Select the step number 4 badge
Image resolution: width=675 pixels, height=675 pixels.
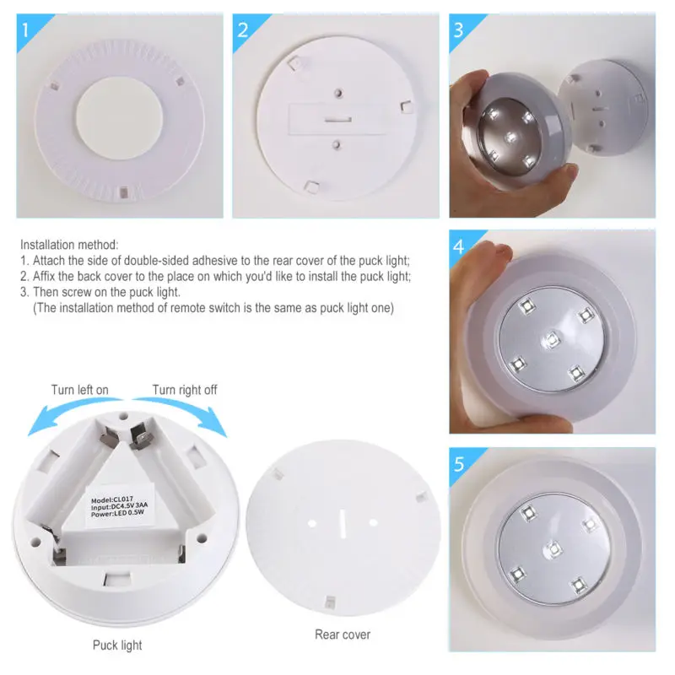(x=459, y=248)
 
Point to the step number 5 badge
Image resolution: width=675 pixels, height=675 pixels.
(x=459, y=464)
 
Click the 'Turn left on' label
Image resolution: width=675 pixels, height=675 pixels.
(x=80, y=390)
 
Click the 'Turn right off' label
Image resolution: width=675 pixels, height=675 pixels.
(x=185, y=390)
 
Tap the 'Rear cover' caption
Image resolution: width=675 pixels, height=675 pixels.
(x=343, y=634)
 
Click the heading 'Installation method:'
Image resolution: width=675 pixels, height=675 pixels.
(x=70, y=244)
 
